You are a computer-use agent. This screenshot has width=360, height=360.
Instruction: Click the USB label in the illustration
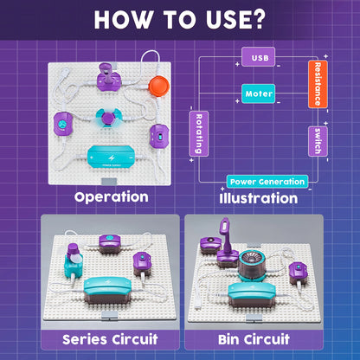pos(259,58)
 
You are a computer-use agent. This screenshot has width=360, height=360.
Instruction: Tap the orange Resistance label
pos(318,84)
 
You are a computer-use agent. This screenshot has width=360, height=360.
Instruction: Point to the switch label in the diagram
pos(318,141)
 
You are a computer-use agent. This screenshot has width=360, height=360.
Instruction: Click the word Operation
pos(111,196)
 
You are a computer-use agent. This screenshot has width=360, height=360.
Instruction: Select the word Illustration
pos(258,198)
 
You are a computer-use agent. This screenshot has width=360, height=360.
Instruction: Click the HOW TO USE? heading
pos(180,20)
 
